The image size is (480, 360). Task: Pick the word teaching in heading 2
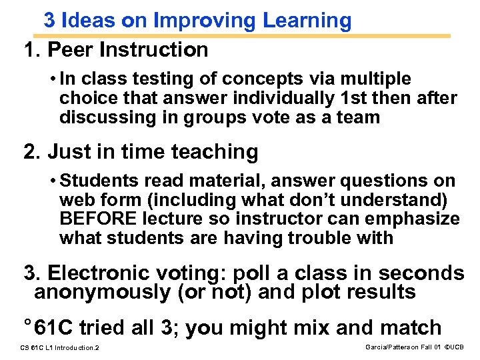[x=215, y=152]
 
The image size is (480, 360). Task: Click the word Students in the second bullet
[x=97, y=181]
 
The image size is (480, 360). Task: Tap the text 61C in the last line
[x=54, y=328]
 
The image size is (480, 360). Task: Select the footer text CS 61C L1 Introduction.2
[x=60, y=348]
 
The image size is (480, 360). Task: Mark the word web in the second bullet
[x=74, y=200]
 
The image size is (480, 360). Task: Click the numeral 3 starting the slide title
[x=49, y=21]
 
